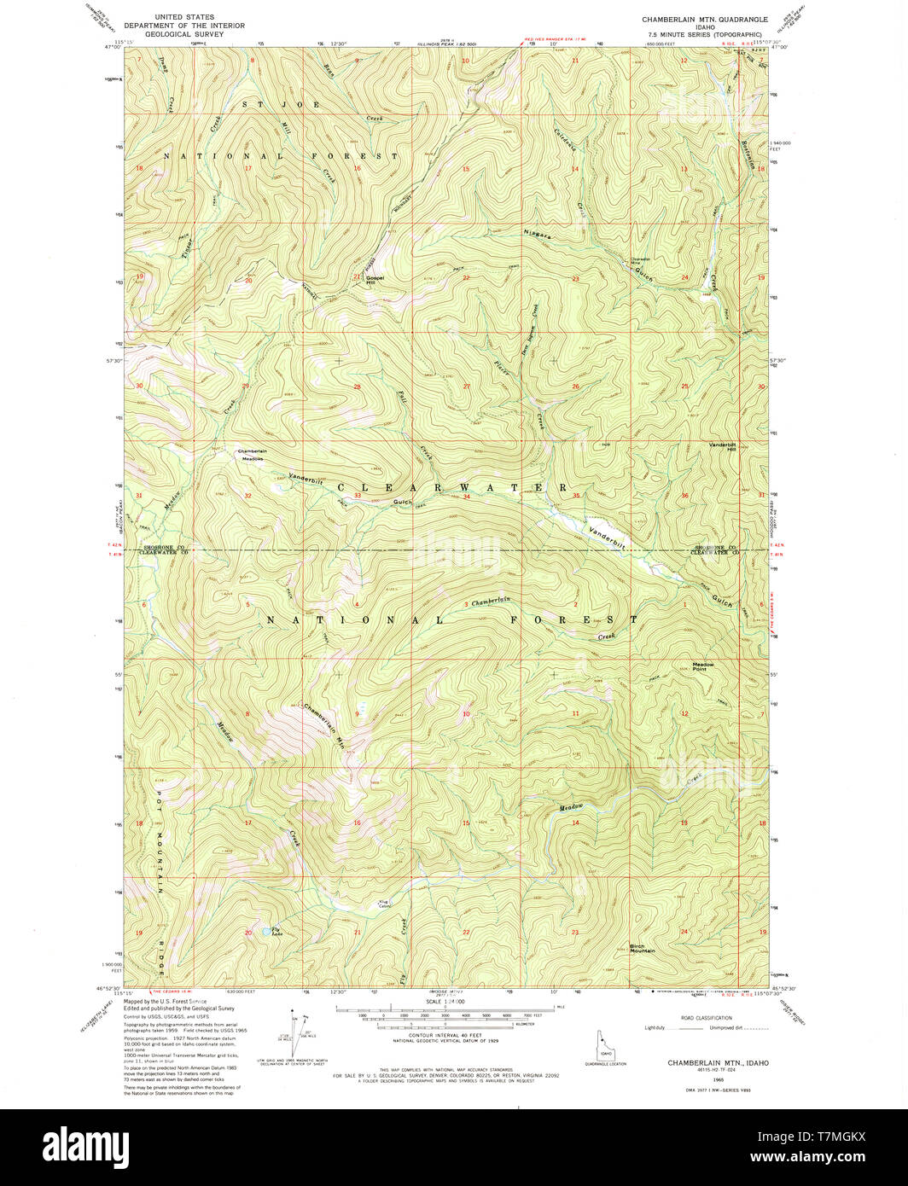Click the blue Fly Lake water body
(268, 932)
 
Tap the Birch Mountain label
(642, 948)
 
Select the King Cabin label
(384, 904)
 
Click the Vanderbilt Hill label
(722, 446)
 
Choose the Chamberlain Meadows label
(252, 455)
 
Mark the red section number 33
(358, 496)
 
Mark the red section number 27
(466, 387)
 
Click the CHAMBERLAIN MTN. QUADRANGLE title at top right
(705, 19)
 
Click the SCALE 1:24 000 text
(436, 1002)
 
